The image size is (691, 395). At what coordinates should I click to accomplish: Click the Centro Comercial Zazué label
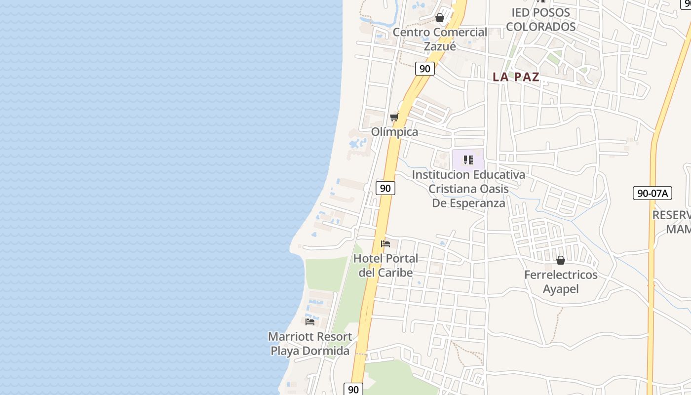click(440, 39)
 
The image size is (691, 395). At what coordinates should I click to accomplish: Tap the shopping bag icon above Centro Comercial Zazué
click(440, 18)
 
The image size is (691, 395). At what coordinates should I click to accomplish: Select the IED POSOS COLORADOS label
click(541, 19)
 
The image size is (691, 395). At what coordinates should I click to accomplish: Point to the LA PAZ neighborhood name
click(516, 77)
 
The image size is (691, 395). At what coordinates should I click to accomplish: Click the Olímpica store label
click(394, 132)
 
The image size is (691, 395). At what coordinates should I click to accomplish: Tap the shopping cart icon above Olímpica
click(394, 117)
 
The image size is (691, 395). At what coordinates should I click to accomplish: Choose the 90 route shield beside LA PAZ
click(424, 69)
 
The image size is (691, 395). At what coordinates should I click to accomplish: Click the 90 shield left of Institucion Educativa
click(385, 188)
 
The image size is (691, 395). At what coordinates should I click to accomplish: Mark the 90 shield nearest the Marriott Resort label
click(353, 389)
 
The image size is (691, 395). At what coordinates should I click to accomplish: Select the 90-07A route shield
click(652, 193)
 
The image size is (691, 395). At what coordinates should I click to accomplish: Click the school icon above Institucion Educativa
click(468, 160)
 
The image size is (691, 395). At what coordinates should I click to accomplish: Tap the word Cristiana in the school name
click(452, 189)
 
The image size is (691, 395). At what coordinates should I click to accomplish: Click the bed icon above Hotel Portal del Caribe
click(385, 244)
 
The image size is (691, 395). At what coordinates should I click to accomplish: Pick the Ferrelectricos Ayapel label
click(561, 281)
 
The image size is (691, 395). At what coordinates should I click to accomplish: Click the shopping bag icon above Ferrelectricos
click(561, 260)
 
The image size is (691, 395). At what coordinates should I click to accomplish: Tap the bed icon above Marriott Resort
click(310, 321)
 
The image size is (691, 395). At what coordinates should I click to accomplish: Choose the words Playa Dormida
click(310, 351)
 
